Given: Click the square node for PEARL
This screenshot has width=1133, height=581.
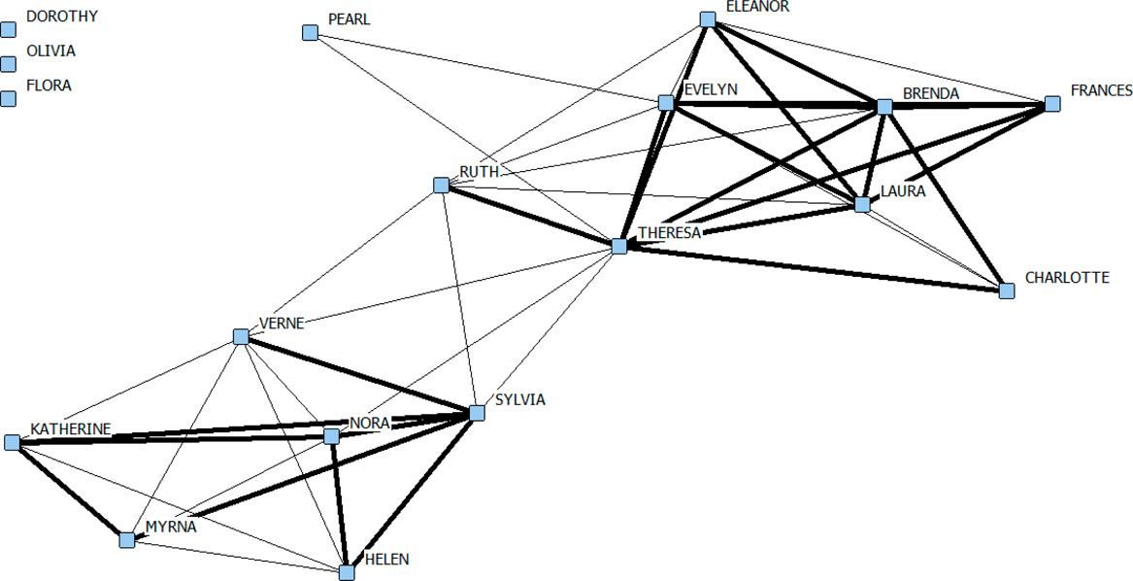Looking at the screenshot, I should [x=311, y=33].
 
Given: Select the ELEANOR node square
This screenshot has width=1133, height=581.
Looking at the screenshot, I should [x=708, y=19].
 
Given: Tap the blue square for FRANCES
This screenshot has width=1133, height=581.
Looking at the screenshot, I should [x=1052, y=104].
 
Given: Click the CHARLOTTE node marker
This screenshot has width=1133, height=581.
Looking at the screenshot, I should [x=1007, y=290].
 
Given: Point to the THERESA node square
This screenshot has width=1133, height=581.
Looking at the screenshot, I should [x=619, y=247].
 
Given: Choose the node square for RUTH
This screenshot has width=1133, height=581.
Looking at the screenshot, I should [x=442, y=185].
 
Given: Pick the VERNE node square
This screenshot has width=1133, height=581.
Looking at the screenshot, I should [x=241, y=337].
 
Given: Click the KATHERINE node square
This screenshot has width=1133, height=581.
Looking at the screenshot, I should [x=12, y=443].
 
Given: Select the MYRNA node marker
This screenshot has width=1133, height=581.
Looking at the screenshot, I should [x=127, y=540].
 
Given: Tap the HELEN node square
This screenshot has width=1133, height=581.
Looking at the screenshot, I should [x=347, y=572].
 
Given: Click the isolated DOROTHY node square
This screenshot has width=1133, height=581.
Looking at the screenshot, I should [x=9, y=29].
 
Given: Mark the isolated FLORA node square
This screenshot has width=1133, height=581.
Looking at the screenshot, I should [x=9, y=98].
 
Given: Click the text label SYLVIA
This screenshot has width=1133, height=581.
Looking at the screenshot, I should [x=520, y=400].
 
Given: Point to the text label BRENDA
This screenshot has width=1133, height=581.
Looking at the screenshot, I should [x=930, y=94].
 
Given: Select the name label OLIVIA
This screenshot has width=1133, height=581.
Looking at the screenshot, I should [x=50, y=51].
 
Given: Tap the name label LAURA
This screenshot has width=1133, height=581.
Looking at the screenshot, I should [x=903, y=192].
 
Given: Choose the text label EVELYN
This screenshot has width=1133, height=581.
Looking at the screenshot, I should [x=711, y=89].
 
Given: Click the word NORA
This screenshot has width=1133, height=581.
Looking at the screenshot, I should [x=369, y=423].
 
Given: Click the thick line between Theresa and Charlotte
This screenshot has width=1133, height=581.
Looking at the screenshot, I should [x=816, y=268].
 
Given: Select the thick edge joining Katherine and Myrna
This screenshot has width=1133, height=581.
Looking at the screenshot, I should [x=68, y=491].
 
